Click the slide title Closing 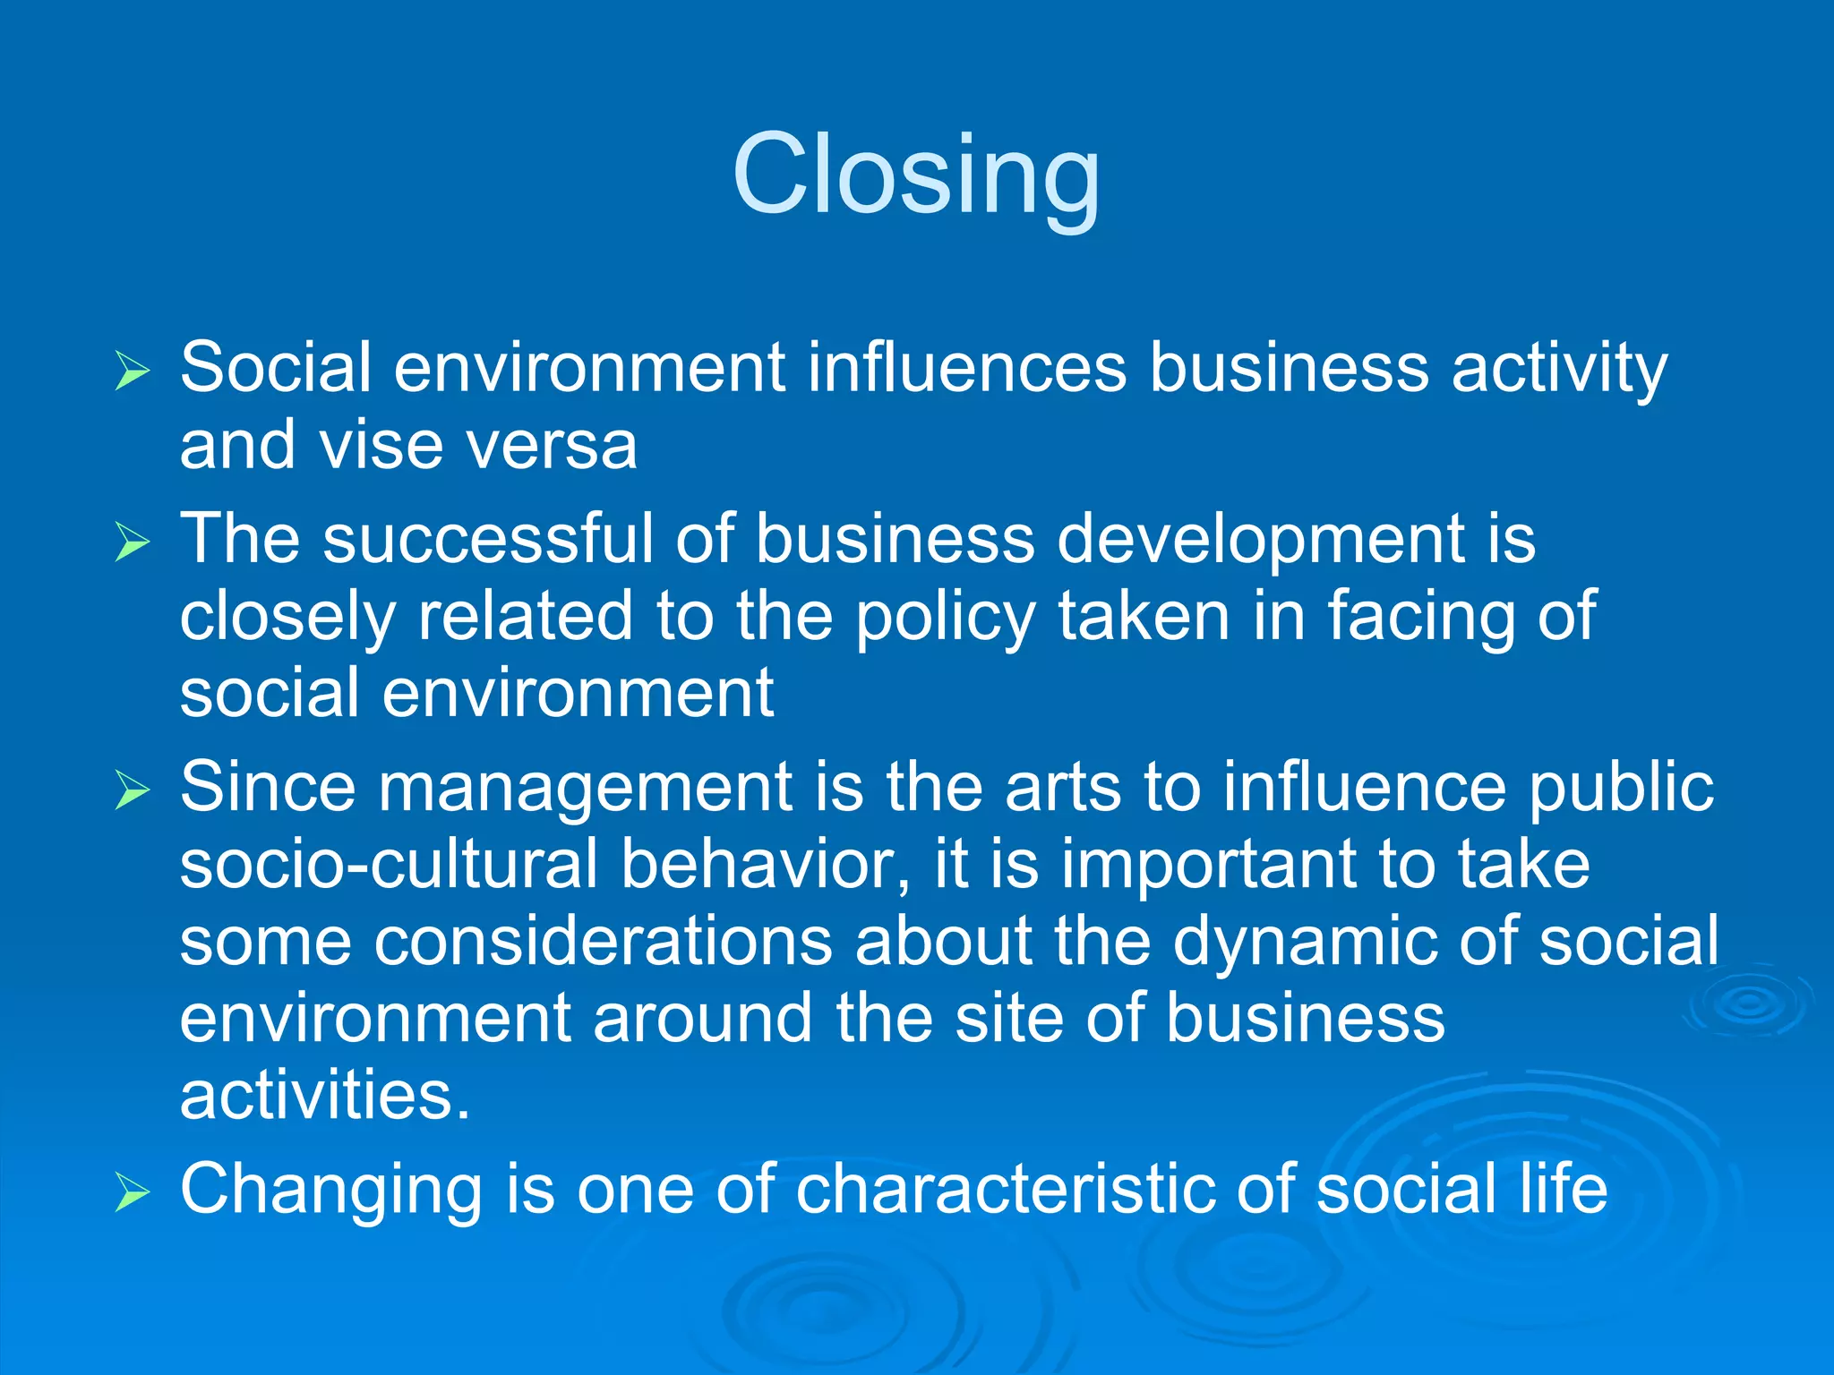pyautogui.click(x=915, y=175)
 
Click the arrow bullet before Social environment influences pyautogui.click(x=133, y=372)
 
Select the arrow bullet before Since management pyautogui.click(x=133, y=790)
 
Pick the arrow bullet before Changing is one pyautogui.click(x=133, y=1192)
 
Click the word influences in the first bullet pyautogui.click(x=966, y=368)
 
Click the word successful pyautogui.click(x=488, y=539)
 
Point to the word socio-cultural pyautogui.click(x=389, y=865)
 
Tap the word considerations pyautogui.click(x=603, y=942)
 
